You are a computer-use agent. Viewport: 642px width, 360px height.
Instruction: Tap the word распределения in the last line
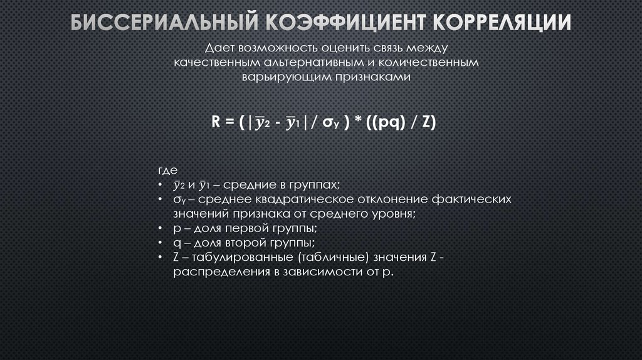click(x=211, y=271)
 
